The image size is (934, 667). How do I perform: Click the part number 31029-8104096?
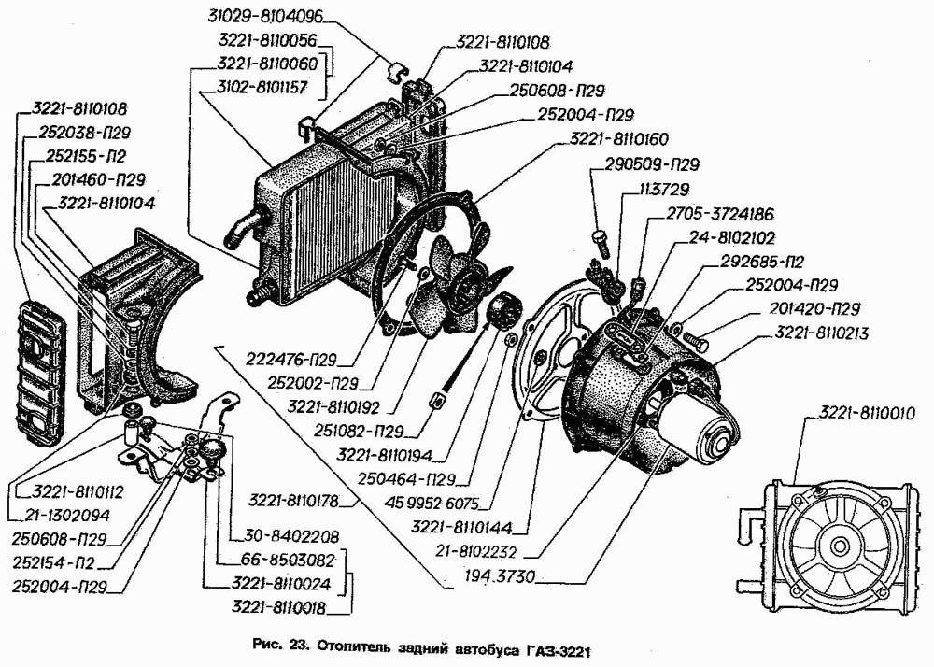click(262, 16)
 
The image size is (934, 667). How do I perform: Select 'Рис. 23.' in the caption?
click(280, 647)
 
